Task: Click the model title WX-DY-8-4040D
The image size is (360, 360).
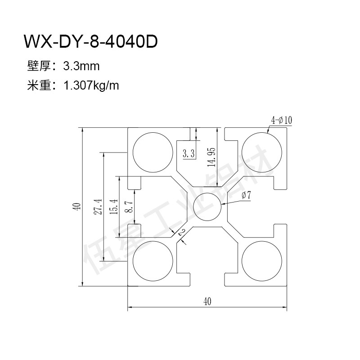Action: pyautogui.click(x=91, y=41)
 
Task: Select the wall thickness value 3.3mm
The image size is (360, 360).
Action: pyautogui.click(x=81, y=66)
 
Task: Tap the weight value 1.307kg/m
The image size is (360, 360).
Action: pyautogui.click(x=91, y=86)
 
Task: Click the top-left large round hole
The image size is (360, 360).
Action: pyautogui.click(x=153, y=152)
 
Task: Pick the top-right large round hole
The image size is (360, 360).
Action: pyautogui.click(x=262, y=152)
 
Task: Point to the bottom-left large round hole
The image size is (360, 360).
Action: pyautogui.click(x=153, y=261)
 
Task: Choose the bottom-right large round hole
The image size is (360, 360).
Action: pyautogui.click(x=262, y=261)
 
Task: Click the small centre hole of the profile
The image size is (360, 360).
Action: pyautogui.click(x=207, y=207)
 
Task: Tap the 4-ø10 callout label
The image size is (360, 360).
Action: pyautogui.click(x=282, y=120)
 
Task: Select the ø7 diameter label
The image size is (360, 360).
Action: pyautogui.click(x=246, y=195)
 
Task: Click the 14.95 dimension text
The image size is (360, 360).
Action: pyautogui.click(x=211, y=157)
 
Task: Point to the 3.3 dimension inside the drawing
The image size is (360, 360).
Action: pyautogui.click(x=189, y=153)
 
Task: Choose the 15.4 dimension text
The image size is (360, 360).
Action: pyautogui.click(x=114, y=207)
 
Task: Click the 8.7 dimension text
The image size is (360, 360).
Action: pyautogui.click(x=130, y=207)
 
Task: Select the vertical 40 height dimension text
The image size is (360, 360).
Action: pyautogui.click(x=77, y=207)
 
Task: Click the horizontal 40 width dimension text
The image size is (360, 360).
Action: pyautogui.click(x=207, y=301)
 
